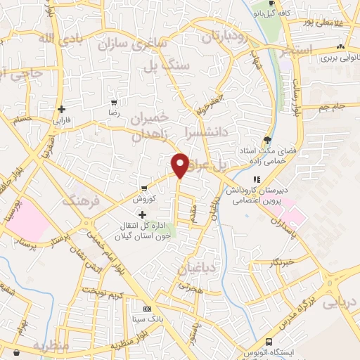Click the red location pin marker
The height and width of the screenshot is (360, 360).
coord(180,165)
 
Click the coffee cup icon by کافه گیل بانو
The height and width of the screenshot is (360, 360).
coord(262,3)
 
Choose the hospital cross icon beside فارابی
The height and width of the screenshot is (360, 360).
coord(63,109)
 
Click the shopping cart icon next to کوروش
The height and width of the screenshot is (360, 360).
coord(143,188)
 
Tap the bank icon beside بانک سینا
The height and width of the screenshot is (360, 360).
coord(146,309)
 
